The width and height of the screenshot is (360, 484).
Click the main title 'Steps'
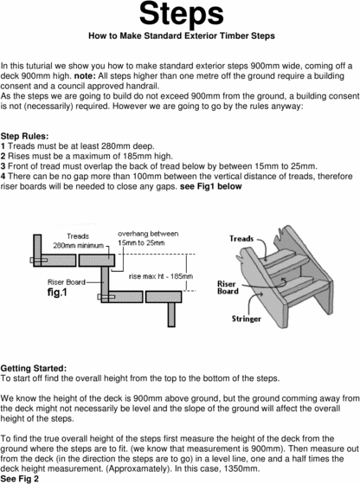(x=180, y=15)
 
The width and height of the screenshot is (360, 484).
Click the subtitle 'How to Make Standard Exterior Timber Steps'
(x=179, y=38)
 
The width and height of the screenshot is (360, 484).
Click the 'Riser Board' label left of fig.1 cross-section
(x=45, y=281)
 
